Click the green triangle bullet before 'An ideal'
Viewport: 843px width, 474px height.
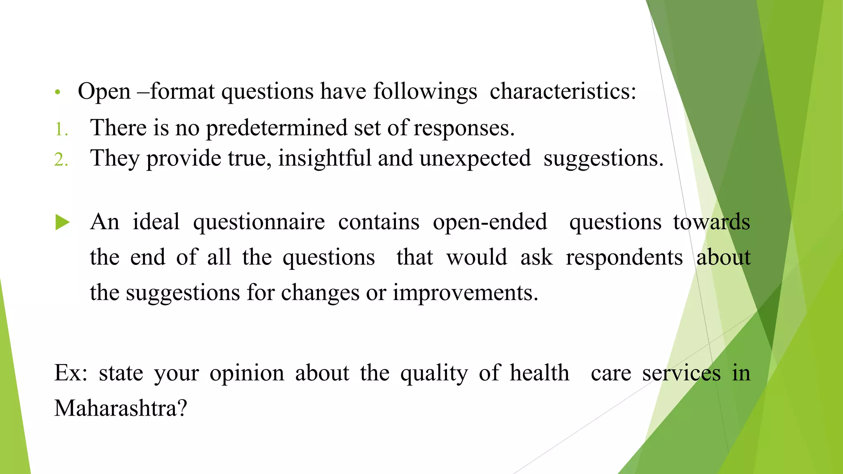coord(63,223)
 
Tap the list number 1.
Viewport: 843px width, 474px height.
coord(61,130)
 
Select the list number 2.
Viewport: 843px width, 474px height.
coord(61,160)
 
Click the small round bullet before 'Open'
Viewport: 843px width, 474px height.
coord(58,92)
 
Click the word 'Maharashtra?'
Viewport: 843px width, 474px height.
coord(121,408)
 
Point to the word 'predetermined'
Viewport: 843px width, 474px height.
coord(277,128)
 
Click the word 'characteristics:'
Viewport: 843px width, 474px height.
coord(563,91)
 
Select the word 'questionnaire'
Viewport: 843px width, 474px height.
coord(259,223)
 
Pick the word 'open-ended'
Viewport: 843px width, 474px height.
coord(490,222)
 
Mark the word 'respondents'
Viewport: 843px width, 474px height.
coord(624,258)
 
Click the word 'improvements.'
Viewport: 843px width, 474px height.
coord(465,293)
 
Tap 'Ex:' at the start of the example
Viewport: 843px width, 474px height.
coord(71,373)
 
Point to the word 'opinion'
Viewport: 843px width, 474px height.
coord(247,374)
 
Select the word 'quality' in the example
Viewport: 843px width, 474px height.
coord(434,374)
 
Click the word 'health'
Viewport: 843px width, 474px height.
coord(539,373)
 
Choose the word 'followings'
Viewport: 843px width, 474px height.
coord(425,91)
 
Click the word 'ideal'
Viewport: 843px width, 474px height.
coord(156,222)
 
